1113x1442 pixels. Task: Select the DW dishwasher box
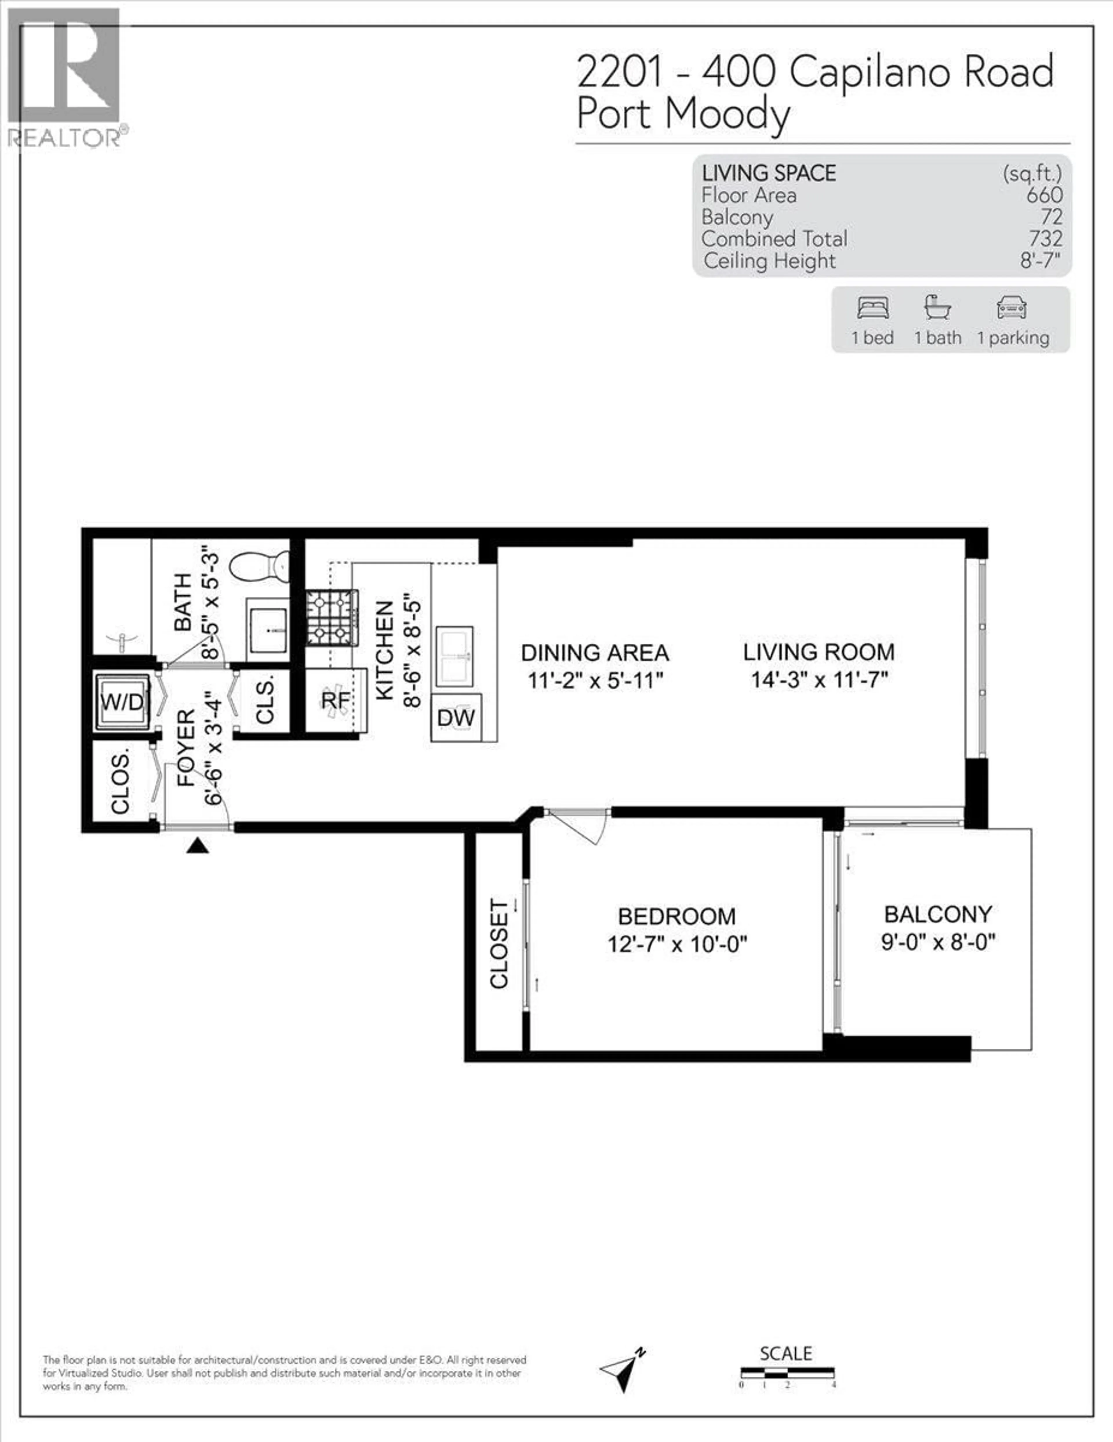tap(456, 718)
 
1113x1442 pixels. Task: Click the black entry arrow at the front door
tap(197, 846)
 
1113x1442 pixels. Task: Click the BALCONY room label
tap(938, 914)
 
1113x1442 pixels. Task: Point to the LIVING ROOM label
tap(819, 652)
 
